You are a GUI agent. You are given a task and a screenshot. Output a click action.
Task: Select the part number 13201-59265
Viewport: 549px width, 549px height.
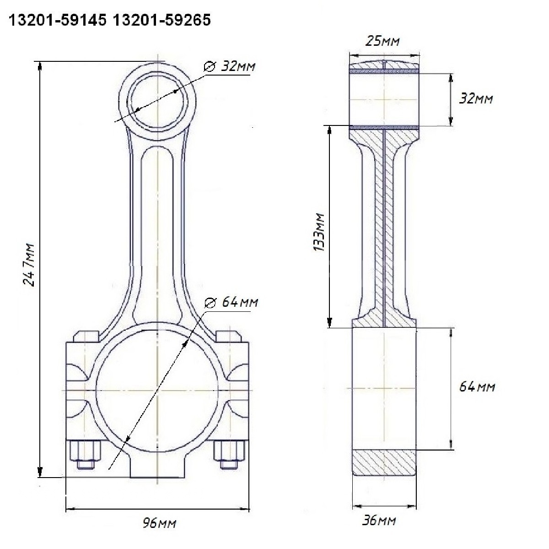tap(162, 20)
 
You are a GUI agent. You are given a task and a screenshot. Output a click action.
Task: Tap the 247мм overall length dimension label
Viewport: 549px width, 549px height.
tap(29, 265)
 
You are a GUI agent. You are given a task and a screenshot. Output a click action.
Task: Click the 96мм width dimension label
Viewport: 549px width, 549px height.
tap(159, 523)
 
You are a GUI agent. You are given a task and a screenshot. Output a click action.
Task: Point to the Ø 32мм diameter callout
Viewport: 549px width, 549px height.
tap(230, 66)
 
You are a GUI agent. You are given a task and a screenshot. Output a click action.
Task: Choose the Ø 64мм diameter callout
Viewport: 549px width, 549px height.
tap(231, 302)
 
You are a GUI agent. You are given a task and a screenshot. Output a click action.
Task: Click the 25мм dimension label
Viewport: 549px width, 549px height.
tap(382, 41)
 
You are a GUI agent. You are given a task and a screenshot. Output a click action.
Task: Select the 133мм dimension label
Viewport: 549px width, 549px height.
tap(319, 232)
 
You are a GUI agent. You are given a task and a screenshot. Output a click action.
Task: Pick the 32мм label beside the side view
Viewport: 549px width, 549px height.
tap(476, 99)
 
